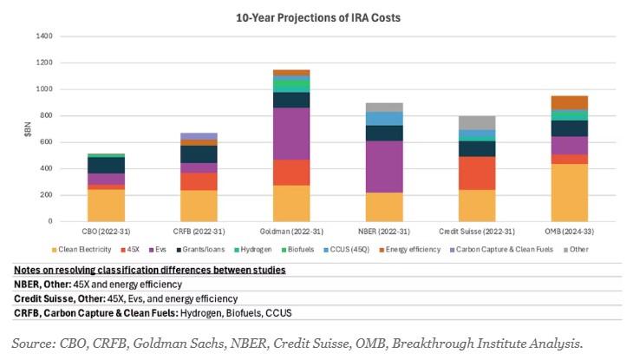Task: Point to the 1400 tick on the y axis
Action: coord(42,36)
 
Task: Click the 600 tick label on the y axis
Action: coord(45,142)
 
